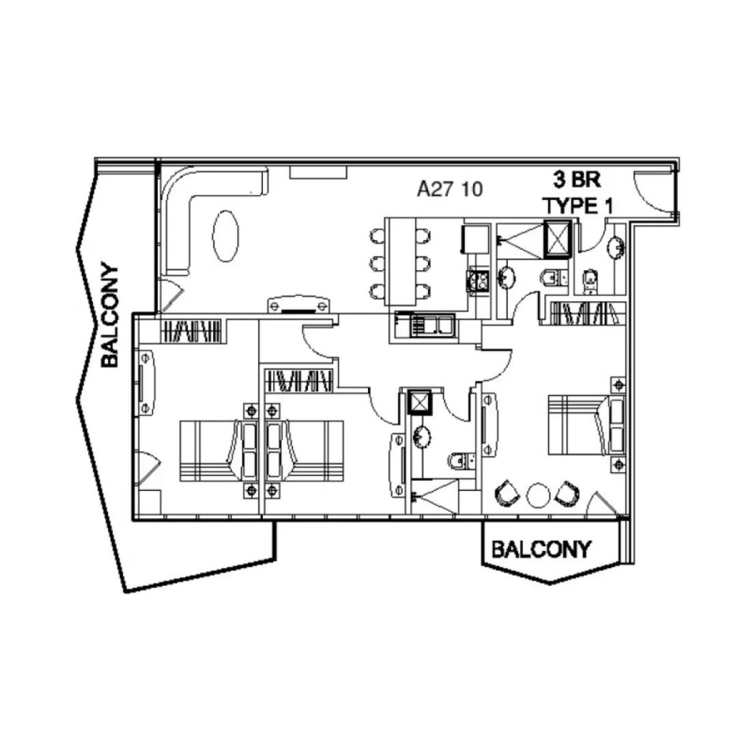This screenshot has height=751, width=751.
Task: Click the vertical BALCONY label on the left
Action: [109, 316]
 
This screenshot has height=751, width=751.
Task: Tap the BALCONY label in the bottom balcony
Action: [541, 549]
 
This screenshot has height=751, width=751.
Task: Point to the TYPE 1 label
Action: [578, 205]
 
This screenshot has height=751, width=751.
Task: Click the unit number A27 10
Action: [450, 188]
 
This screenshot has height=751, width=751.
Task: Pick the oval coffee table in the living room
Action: [226, 236]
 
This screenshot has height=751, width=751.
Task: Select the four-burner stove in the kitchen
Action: [475, 280]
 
